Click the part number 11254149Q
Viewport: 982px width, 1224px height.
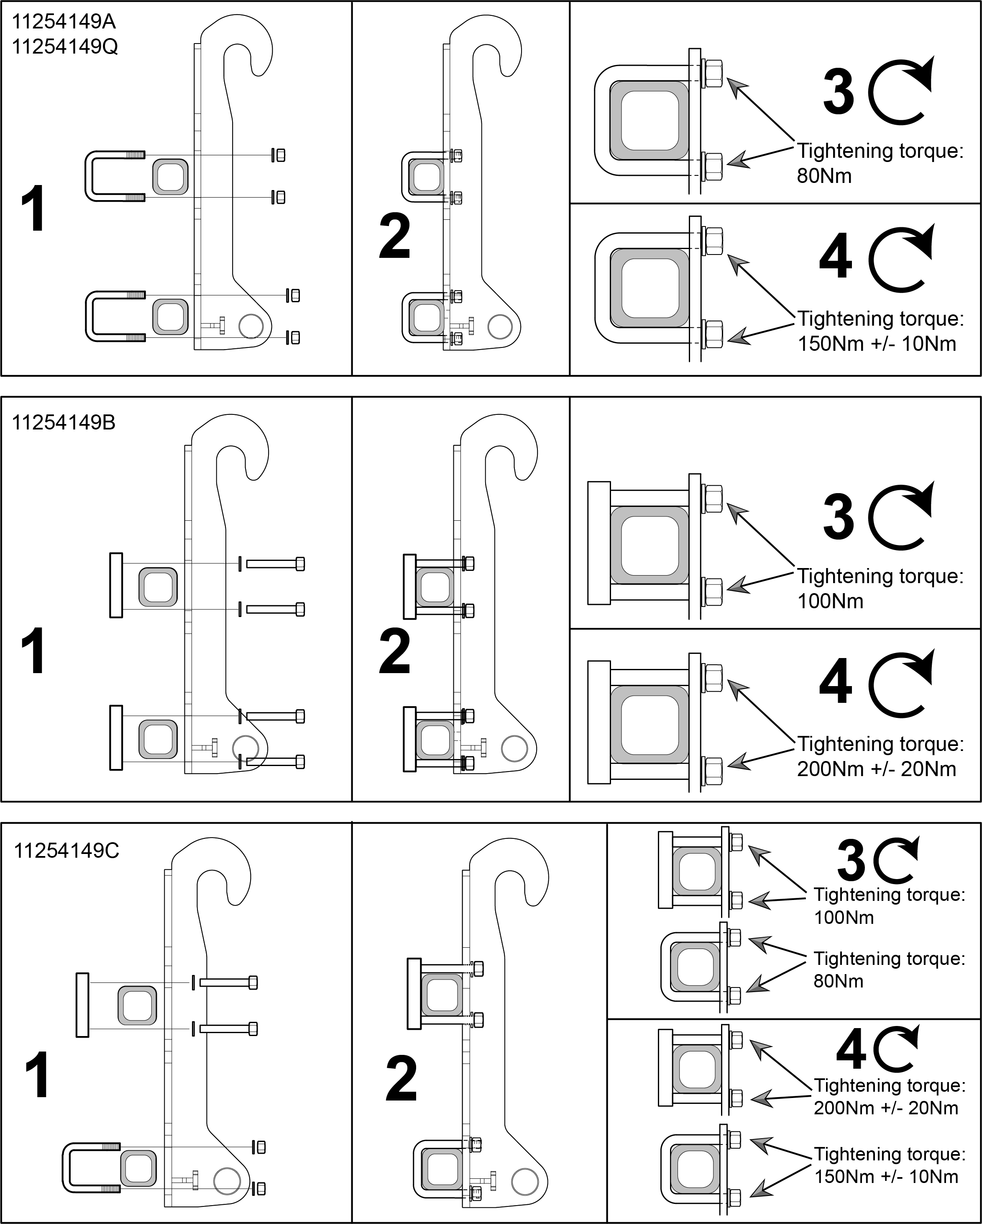65,46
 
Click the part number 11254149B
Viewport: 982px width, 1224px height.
64,423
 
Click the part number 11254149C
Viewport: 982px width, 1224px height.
66,851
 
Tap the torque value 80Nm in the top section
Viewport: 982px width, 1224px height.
824,176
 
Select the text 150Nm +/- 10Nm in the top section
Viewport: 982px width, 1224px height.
877,344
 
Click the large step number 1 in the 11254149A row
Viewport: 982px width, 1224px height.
33,209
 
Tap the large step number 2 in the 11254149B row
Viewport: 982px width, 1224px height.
394,651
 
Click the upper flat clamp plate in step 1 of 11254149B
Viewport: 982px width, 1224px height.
116,585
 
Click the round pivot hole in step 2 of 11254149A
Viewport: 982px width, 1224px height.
500,327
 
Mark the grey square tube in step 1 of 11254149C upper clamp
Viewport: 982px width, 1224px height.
137,1006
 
